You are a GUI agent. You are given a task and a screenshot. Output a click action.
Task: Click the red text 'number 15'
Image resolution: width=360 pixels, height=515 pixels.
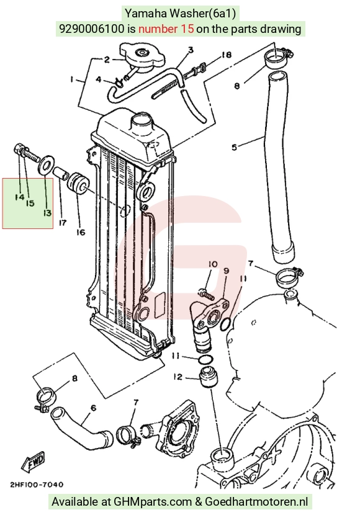click(166, 29)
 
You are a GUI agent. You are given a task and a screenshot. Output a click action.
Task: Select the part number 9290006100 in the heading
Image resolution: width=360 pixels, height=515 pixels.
click(92, 29)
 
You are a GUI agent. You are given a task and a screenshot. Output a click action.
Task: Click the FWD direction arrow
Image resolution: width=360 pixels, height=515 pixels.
click(33, 461)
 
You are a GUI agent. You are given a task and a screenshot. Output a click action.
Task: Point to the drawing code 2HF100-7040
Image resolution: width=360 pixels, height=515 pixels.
click(37, 485)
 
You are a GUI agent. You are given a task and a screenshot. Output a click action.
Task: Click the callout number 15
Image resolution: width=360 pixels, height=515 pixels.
click(30, 204)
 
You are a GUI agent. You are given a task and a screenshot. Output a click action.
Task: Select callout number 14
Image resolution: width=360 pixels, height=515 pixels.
click(19, 197)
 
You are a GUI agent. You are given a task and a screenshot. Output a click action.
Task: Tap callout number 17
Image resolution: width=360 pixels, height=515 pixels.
click(63, 223)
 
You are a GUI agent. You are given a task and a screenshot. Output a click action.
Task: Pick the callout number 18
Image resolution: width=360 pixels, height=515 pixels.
click(227, 55)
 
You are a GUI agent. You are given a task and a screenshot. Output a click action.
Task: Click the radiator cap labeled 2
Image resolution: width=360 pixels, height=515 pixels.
click(142, 58)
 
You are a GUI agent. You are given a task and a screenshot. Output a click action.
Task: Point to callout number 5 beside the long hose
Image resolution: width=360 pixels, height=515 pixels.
click(234, 147)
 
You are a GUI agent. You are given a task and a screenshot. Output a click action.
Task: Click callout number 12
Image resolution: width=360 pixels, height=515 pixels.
click(178, 377)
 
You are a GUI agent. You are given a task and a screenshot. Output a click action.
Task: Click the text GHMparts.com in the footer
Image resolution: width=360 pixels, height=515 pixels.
click(153, 502)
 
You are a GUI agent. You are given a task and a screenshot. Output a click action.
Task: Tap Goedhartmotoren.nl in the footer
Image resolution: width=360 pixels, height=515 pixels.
click(256, 502)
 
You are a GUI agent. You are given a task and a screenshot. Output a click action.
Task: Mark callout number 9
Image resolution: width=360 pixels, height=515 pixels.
click(226, 271)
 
